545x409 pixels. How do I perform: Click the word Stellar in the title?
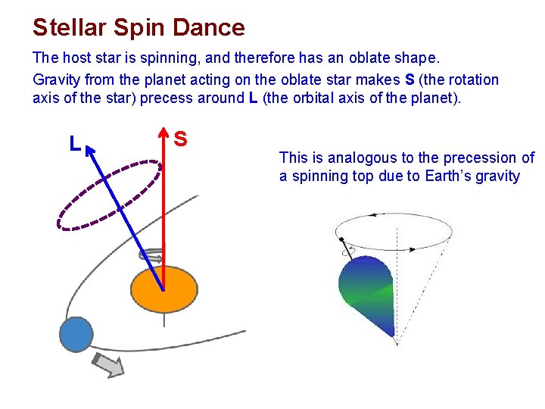click(69, 27)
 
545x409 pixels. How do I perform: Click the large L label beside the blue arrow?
click(74, 143)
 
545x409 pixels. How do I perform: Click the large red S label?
click(181, 139)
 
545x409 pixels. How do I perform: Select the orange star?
click(163, 290)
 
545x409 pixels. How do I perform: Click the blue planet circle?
click(76, 333)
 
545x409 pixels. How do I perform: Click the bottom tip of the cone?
click(397, 344)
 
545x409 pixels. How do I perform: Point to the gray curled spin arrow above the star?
click(151, 256)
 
